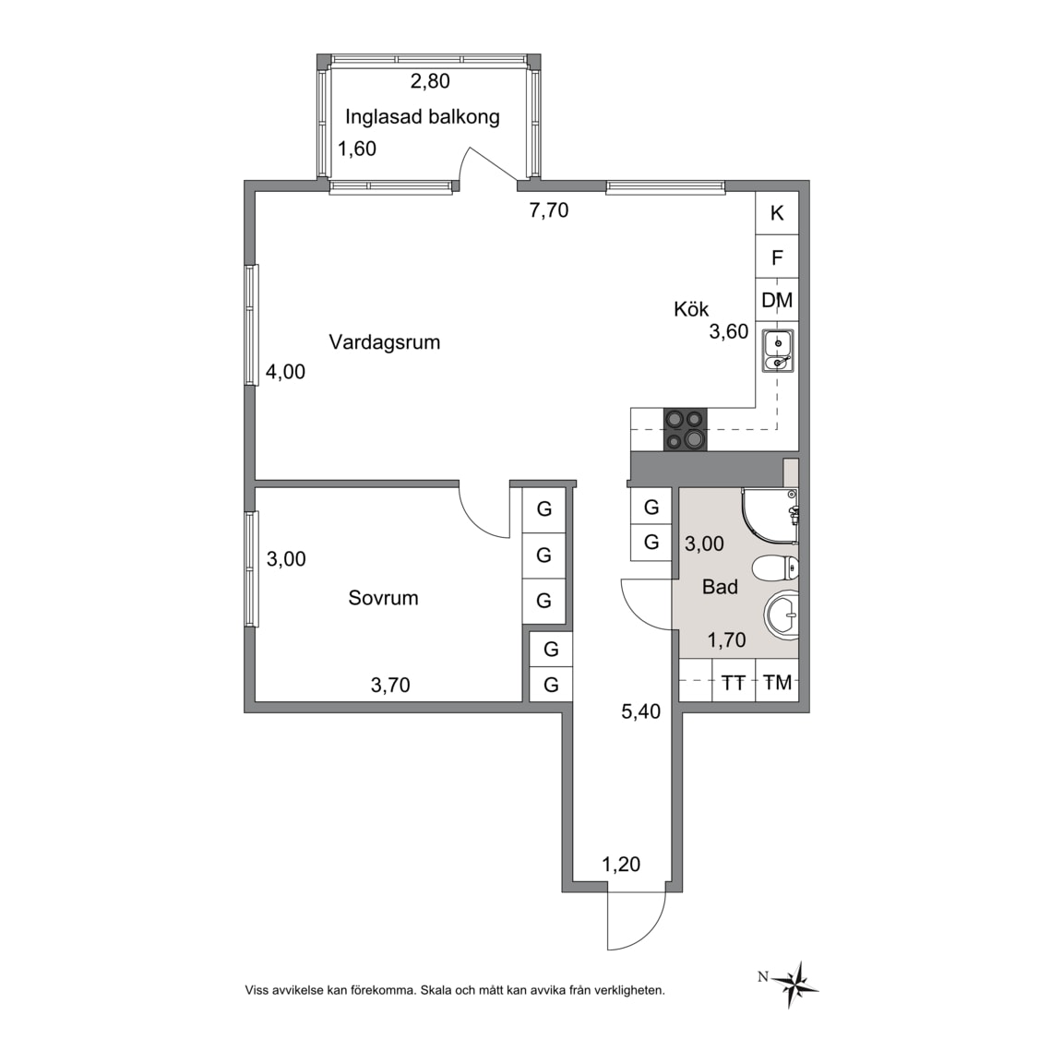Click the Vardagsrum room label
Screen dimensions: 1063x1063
(385, 342)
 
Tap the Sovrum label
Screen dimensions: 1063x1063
(383, 598)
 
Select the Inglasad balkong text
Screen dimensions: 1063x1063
(423, 117)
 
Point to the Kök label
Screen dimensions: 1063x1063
(691, 309)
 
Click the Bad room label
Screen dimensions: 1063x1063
(720, 587)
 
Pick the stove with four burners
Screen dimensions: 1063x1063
(686, 430)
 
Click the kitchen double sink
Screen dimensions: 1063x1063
(778, 351)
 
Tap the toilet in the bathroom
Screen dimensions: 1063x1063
(776, 568)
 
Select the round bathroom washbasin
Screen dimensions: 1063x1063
(782, 615)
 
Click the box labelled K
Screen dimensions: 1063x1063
(777, 213)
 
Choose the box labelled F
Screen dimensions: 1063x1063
(777, 257)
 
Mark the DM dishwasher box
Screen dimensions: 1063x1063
(777, 300)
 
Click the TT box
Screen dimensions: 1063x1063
(734, 683)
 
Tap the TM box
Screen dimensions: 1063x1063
(777, 683)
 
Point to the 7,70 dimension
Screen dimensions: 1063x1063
(548, 210)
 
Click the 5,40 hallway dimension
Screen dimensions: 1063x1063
(640, 711)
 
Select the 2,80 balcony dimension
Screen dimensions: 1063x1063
(430, 81)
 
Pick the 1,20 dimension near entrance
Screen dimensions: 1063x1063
(621, 865)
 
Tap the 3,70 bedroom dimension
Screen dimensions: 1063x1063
(390, 686)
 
